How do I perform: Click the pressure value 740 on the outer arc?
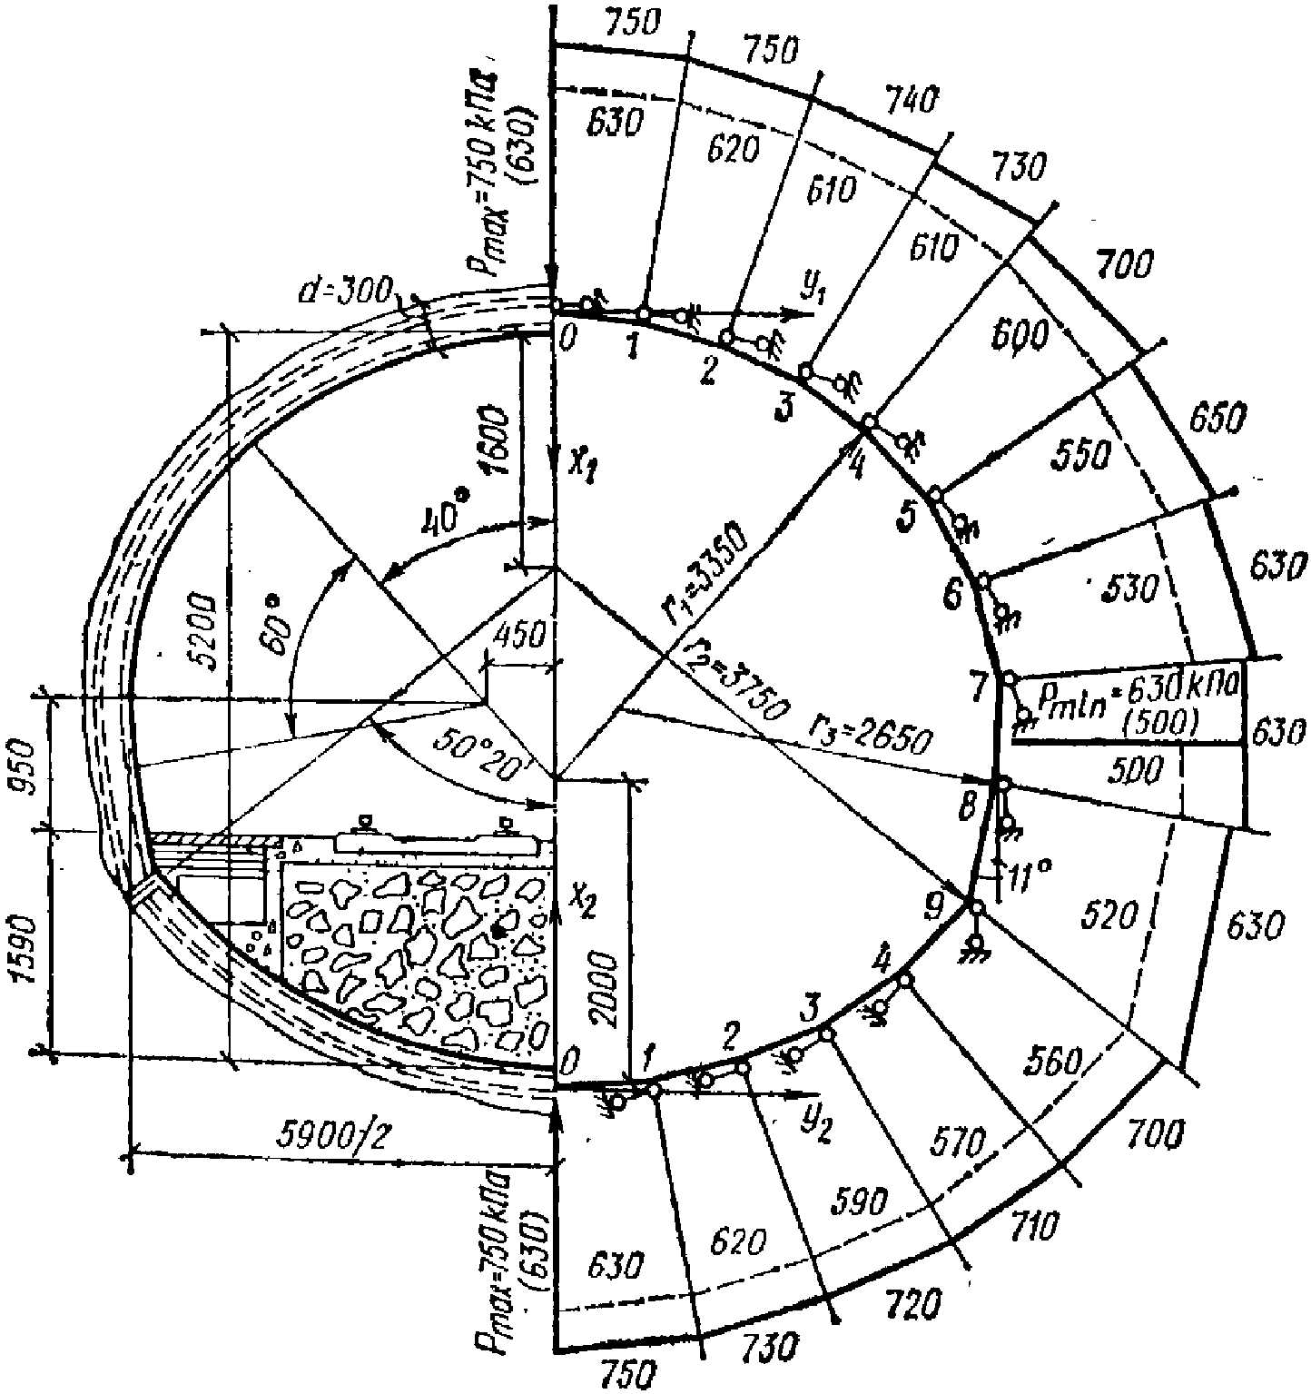911,100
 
